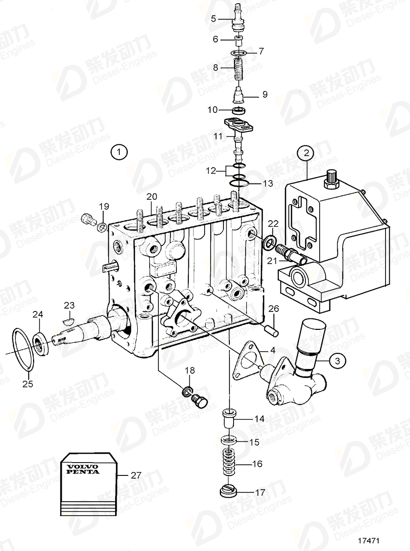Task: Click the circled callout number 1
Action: coord(119,152)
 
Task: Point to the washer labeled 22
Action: coord(270,242)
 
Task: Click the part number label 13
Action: coord(268,183)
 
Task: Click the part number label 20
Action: coord(152,197)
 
